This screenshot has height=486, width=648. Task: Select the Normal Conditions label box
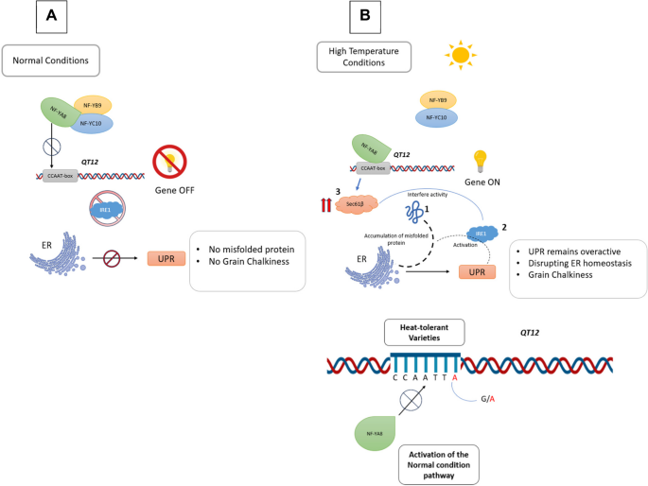[x=51, y=61]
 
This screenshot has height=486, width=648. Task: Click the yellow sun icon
[x=461, y=55]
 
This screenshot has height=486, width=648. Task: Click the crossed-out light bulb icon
[x=173, y=156]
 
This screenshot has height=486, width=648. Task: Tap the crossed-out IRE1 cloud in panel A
[x=106, y=211]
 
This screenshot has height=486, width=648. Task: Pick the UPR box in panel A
[x=166, y=258]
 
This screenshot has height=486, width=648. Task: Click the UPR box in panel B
[x=478, y=271]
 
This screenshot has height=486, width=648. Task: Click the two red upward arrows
[x=328, y=203]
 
